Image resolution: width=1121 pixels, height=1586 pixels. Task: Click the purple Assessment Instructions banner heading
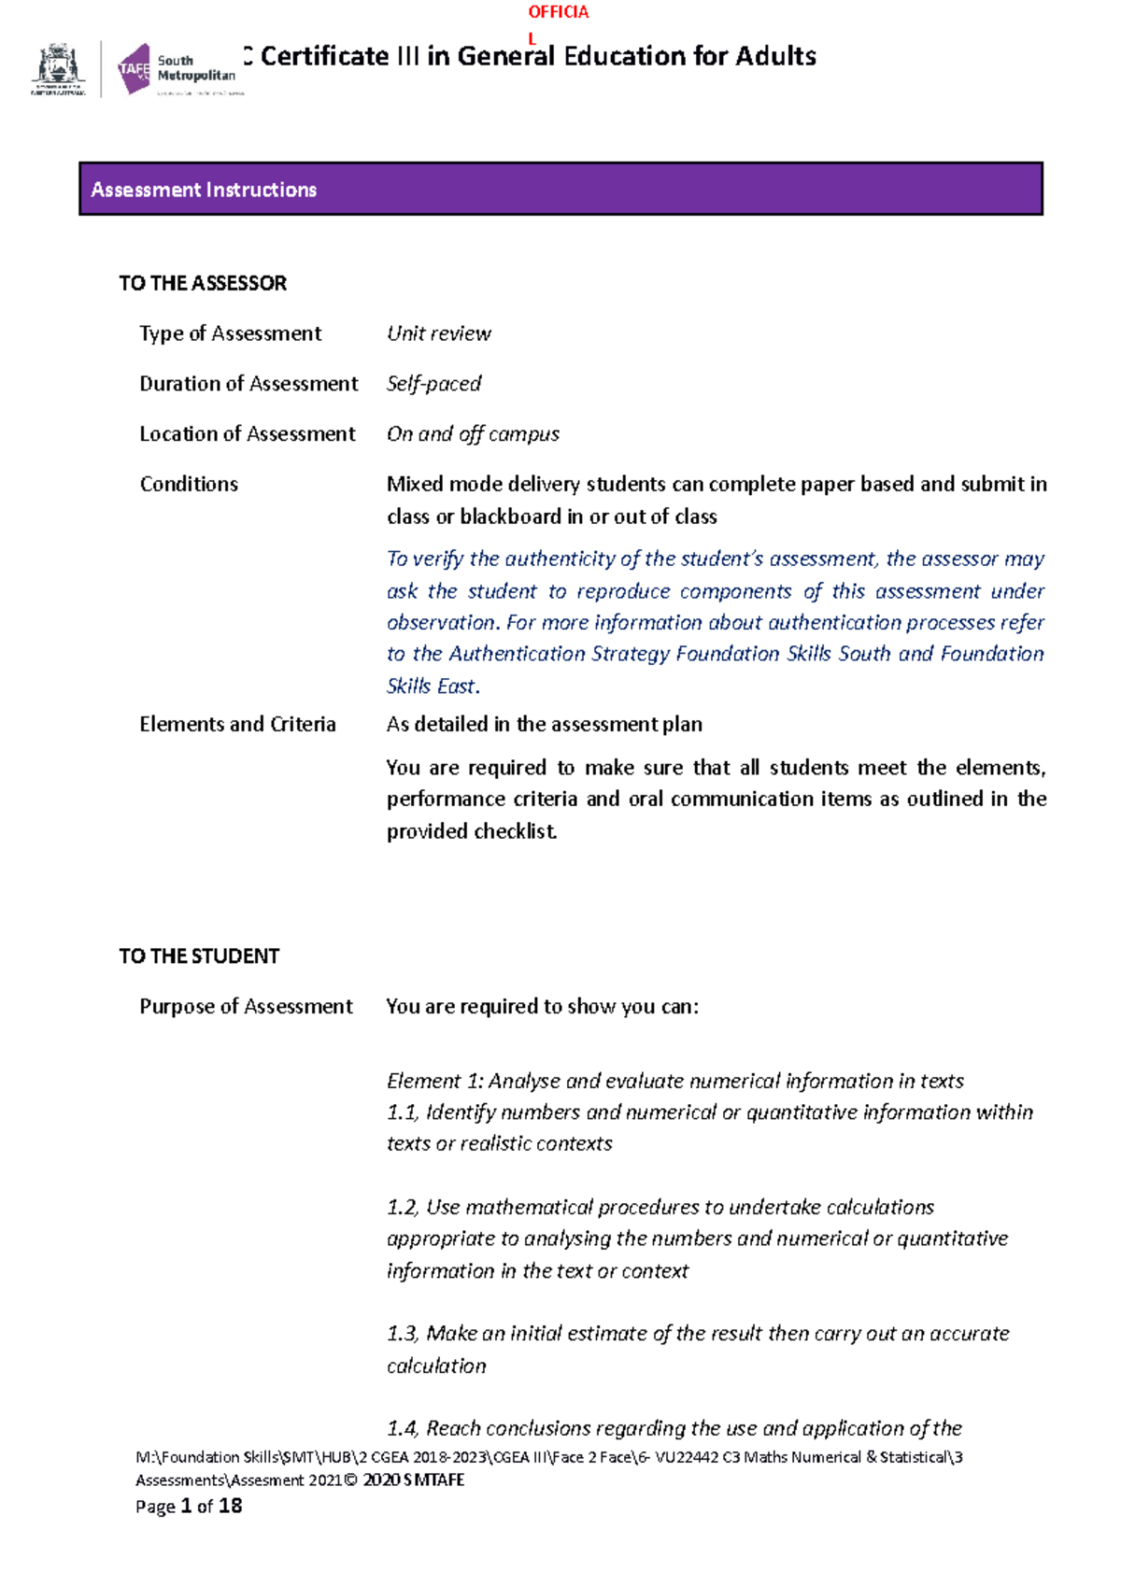(x=204, y=190)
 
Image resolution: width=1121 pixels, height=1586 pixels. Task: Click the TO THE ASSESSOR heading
(x=203, y=283)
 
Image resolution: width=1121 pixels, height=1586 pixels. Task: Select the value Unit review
(x=438, y=333)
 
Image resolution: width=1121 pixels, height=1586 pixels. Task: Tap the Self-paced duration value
(x=433, y=384)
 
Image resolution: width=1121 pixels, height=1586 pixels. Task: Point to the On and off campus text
(x=473, y=434)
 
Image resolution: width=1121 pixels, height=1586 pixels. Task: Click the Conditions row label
(x=189, y=484)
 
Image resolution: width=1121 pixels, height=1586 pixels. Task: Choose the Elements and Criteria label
(x=237, y=724)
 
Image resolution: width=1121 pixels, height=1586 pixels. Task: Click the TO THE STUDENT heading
(x=199, y=956)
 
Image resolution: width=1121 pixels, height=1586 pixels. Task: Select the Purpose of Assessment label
(x=246, y=1006)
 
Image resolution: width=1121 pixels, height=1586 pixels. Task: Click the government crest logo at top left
(x=59, y=69)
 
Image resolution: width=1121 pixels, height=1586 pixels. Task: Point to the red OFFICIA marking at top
(x=558, y=12)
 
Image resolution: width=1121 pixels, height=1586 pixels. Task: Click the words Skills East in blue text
(x=432, y=687)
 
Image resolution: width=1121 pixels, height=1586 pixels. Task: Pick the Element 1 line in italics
(x=674, y=1081)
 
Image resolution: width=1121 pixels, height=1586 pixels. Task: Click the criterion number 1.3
(x=403, y=1334)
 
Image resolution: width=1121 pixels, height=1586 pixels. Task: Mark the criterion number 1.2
(x=402, y=1208)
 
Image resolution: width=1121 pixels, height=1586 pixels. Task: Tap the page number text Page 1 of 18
(x=189, y=1506)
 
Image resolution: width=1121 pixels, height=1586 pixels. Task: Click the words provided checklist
(x=472, y=831)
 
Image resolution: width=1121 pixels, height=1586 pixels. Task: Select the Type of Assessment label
(x=230, y=333)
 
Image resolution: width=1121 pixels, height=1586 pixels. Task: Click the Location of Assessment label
(x=247, y=434)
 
